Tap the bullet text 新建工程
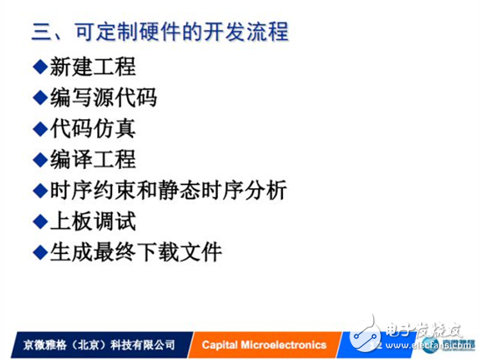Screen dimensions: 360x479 coord(91,67)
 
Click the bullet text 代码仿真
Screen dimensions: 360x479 coord(91,128)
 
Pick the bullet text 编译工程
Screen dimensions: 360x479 coord(91,159)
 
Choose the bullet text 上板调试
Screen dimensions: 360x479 coord(91,221)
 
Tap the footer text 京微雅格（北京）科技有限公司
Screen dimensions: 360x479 coord(89,344)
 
